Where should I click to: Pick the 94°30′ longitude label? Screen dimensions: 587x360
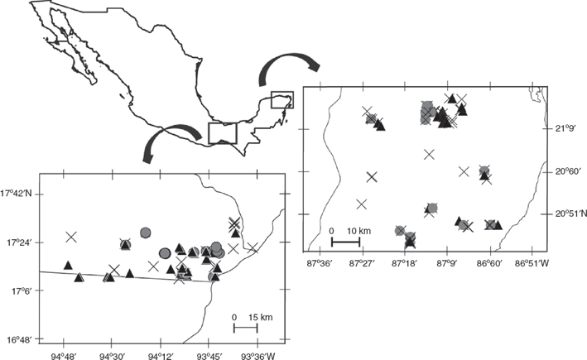point(112,357)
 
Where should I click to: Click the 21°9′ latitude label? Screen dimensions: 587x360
point(567,129)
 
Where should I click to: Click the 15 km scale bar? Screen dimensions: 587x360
point(245,329)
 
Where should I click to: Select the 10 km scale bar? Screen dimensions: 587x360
point(344,242)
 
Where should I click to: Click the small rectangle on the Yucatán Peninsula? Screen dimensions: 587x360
point(282,100)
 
